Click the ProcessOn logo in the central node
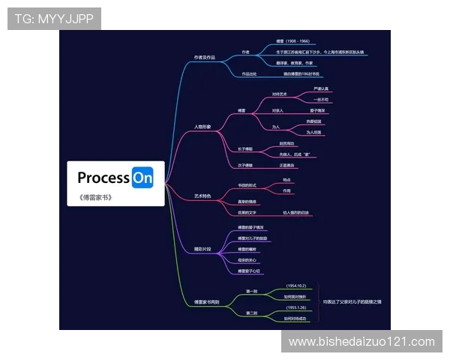click(x=115, y=178)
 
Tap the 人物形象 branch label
click(x=202, y=127)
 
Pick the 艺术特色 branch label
click(x=202, y=196)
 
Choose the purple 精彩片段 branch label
click(x=202, y=248)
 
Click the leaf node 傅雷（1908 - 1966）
click(x=292, y=41)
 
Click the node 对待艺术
click(x=279, y=94)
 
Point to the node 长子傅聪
click(x=245, y=148)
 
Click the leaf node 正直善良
click(x=287, y=164)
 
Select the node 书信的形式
click(x=247, y=185)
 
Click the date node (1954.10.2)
click(x=297, y=286)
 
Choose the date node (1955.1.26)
click(x=297, y=307)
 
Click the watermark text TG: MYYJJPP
click(x=54, y=19)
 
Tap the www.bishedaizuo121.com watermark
click(x=361, y=342)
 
